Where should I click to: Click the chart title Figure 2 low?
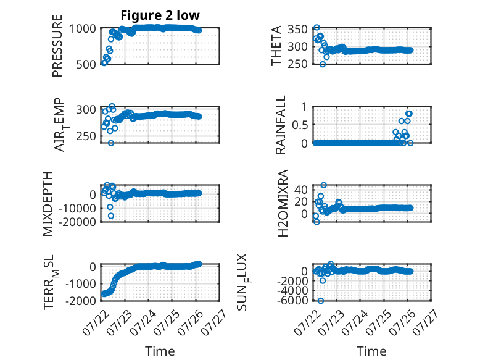tap(160, 15)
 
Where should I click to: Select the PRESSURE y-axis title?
tap(57, 46)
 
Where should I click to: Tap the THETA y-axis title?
tap(276, 46)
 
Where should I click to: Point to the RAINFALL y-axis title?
tap(280, 125)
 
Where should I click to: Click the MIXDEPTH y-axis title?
tap(48, 204)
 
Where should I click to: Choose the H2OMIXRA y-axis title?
tap(283, 203)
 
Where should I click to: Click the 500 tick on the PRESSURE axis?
tap(86, 64)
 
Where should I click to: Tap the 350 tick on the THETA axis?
tap(297, 30)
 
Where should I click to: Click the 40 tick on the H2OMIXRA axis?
tap(300, 190)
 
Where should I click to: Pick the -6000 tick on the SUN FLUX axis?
tap(292, 300)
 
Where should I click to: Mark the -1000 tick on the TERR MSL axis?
tap(81, 283)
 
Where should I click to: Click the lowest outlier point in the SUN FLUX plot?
tap(320, 301)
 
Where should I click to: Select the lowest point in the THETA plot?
tap(323, 64)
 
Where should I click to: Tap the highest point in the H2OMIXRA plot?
tap(323, 185)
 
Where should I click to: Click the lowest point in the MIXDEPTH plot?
tap(111, 216)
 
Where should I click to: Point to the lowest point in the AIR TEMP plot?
tap(111, 143)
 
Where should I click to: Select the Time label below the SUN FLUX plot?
tap(371, 351)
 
